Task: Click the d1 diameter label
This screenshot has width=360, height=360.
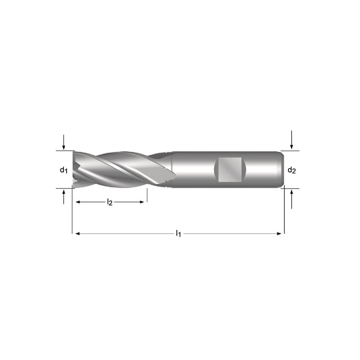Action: click(x=63, y=170)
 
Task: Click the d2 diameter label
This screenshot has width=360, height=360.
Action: click(x=292, y=170)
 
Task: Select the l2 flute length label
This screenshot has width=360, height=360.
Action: click(x=110, y=202)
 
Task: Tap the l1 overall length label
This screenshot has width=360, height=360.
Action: click(x=178, y=234)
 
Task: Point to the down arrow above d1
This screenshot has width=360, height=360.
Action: click(x=64, y=142)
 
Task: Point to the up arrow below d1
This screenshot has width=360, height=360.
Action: click(x=64, y=197)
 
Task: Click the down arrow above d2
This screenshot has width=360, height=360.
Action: click(x=292, y=140)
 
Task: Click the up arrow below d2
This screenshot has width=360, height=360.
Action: click(x=292, y=199)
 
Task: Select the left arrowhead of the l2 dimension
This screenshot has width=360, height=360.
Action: click(x=78, y=202)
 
